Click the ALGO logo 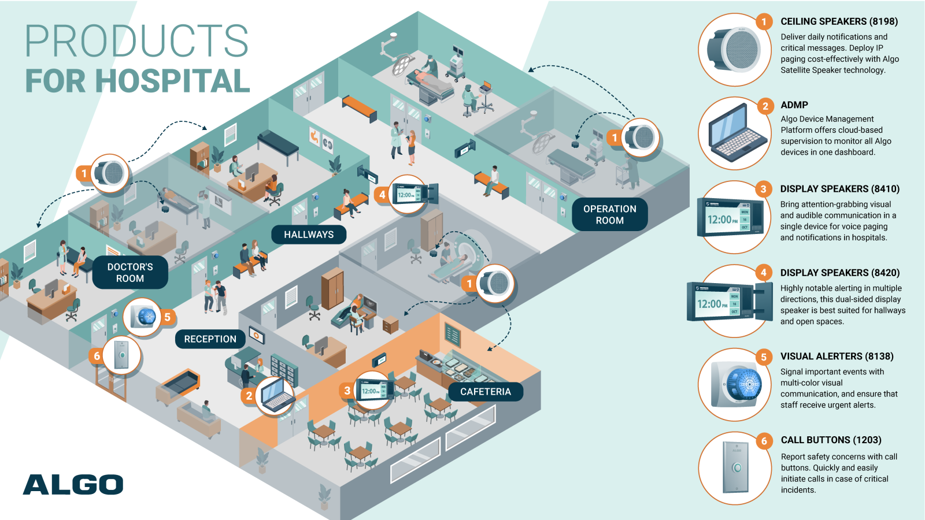pos(73,485)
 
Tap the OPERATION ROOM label pos(609,214)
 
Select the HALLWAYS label pos(309,235)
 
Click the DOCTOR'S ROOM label pos(130,273)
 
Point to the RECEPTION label pos(210,339)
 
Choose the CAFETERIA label pos(485,392)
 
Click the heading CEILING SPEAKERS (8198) pos(839,21)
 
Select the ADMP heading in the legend pos(794,105)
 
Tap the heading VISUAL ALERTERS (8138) pos(837,356)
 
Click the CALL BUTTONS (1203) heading pos(831,440)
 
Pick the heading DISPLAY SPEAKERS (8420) pos(839,273)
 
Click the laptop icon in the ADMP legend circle pos(732,133)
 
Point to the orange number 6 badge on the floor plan pos(97,356)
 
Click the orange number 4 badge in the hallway pos(382,195)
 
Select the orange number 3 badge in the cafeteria pos(347,391)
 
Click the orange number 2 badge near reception pos(249,396)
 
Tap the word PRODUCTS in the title pos(136,41)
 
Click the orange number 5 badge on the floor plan pos(167,317)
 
